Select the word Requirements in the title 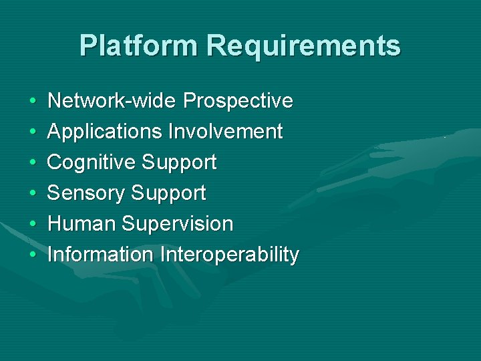click(x=304, y=46)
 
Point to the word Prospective click(x=238, y=101)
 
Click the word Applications click(x=105, y=132)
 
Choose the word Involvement click(x=225, y=132)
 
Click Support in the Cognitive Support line click(x=179, y=162)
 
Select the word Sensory click(x=86, y=193)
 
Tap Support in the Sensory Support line click(x=168, y=193)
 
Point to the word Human click(x=82, y=224)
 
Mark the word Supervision click(x=177, y=224)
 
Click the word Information click(x=101, y=255)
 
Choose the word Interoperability click(x=229, y=255)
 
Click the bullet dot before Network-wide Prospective click(x=33, y=102)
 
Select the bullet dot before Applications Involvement click(x=33, y=132)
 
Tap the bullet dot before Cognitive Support click(x=33, y=163)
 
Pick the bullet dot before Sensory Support click(x=33, y=194)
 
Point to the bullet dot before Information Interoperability click(x=33, y=255)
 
